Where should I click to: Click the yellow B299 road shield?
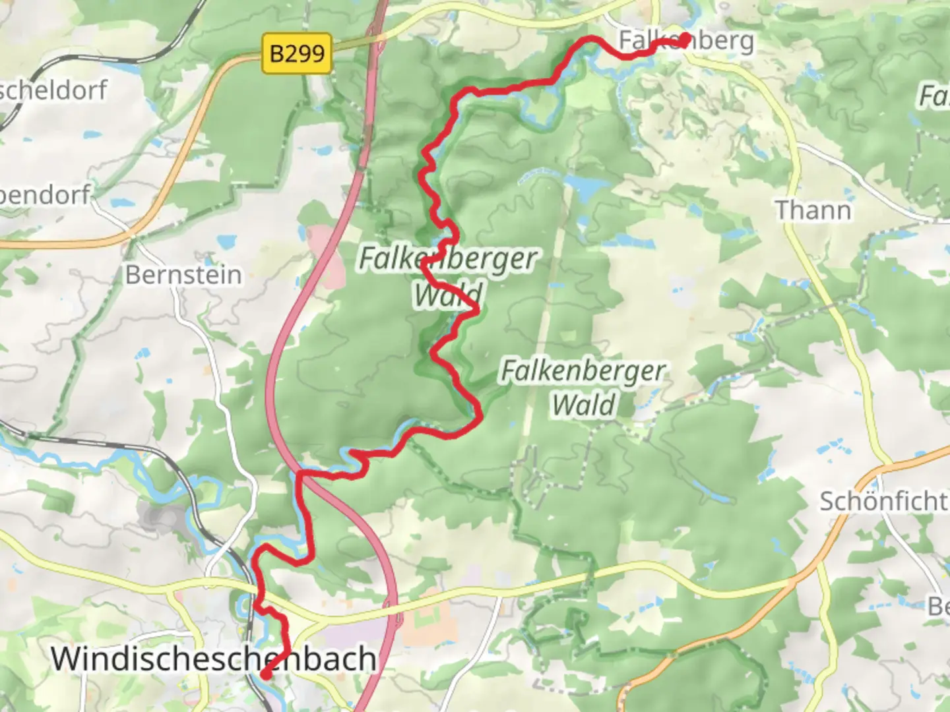point(298,52)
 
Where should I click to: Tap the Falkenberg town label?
point(686,41)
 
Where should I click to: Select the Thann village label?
point(813,210)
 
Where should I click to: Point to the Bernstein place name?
point(183,275)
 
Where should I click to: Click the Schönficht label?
point(883,501)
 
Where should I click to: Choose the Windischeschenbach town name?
point(214,659)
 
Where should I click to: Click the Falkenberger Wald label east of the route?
point(583,388)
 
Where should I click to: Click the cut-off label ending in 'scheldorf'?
point(53,90)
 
